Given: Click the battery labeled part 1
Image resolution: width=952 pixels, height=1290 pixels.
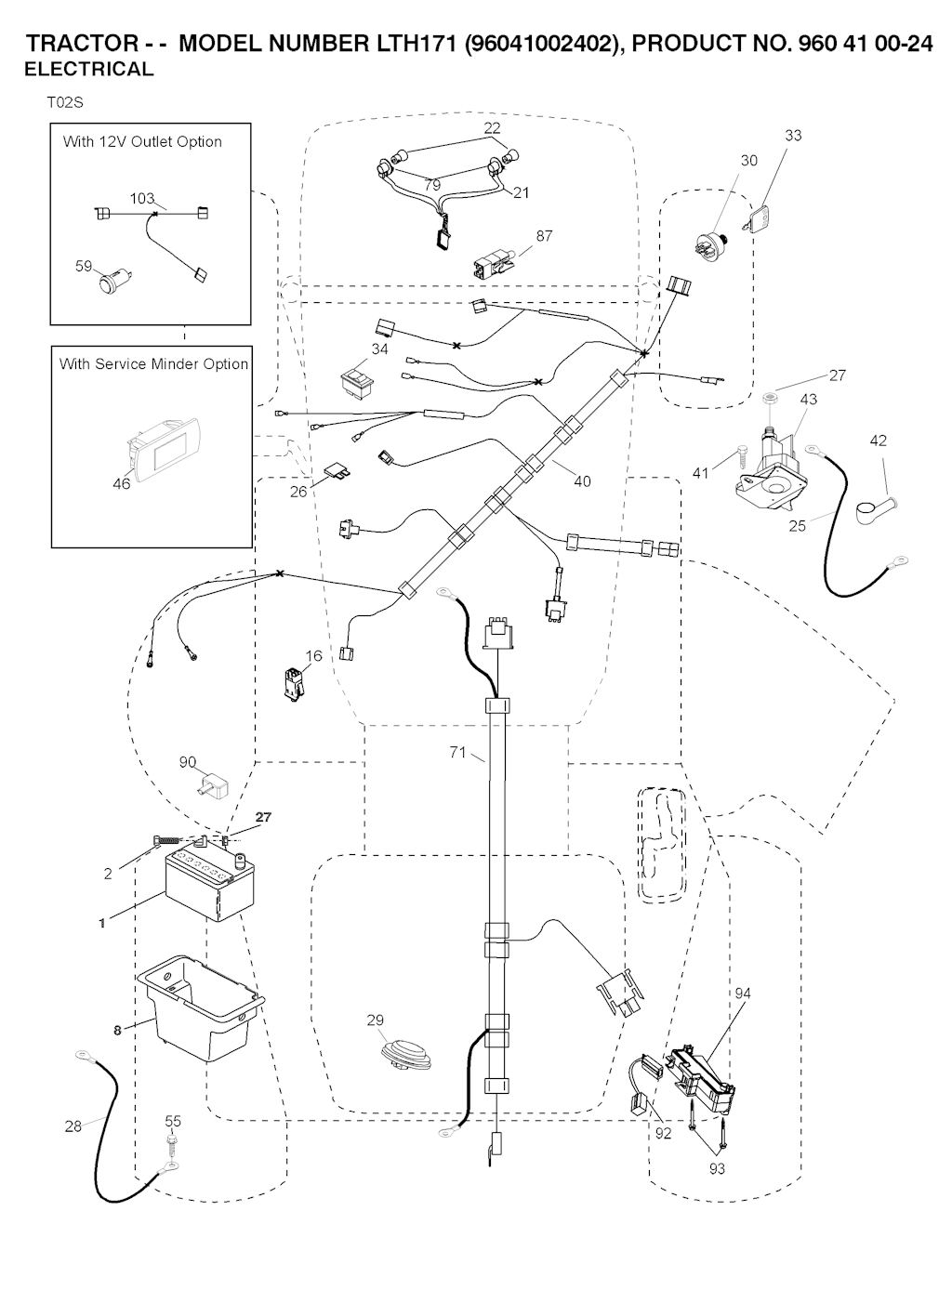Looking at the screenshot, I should (208, 888).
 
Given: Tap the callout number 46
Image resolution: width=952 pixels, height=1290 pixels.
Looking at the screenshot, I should (121, 484).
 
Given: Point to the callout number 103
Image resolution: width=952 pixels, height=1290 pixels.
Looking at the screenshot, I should (141, 199).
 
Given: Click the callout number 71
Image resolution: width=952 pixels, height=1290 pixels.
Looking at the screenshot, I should (457, 753).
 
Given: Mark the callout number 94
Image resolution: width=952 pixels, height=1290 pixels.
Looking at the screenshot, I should (742, 994).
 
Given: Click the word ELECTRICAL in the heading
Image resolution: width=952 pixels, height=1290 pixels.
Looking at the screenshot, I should (88, 69).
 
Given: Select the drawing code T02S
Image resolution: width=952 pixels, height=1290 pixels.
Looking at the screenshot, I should (64, 102).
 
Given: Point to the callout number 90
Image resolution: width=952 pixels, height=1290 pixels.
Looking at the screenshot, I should (188, 762).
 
